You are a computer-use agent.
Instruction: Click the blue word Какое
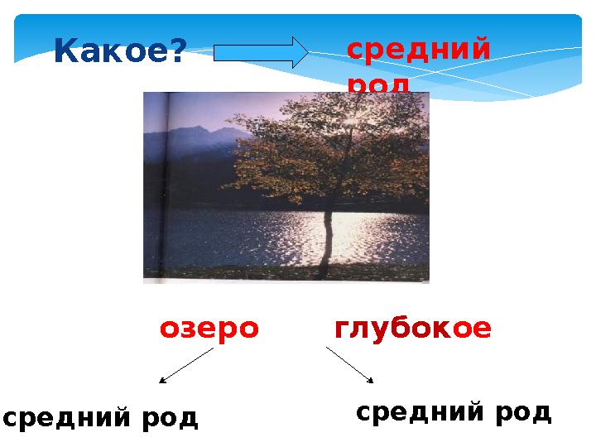click(112, 52)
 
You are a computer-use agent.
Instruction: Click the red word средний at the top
click(418, 50)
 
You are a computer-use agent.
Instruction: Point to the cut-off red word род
click(377, 86)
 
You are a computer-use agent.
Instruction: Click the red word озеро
click(209, 329)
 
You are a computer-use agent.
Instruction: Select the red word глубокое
click(412, 329)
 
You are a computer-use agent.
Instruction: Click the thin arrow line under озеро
click(188, 364)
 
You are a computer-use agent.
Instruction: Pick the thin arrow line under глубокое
click(348, 363)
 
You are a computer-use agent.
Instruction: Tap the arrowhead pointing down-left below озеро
click(162, 382)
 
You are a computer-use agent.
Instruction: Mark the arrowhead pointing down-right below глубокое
click(370, 381)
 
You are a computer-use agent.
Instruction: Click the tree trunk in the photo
click(327, 240)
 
